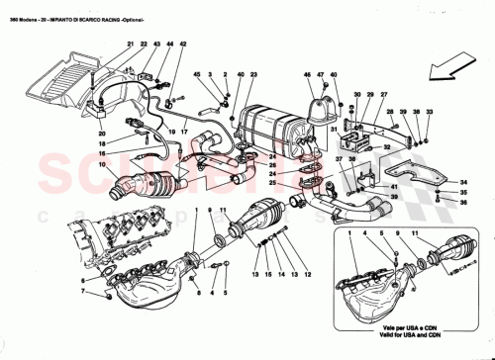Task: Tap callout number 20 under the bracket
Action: coord(101,134)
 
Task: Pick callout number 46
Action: coord(308,75)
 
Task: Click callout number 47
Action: coord(320,75)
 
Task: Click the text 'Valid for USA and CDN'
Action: coord(406,333)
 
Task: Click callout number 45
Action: coord(196,75)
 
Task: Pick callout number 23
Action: coord(254,75)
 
